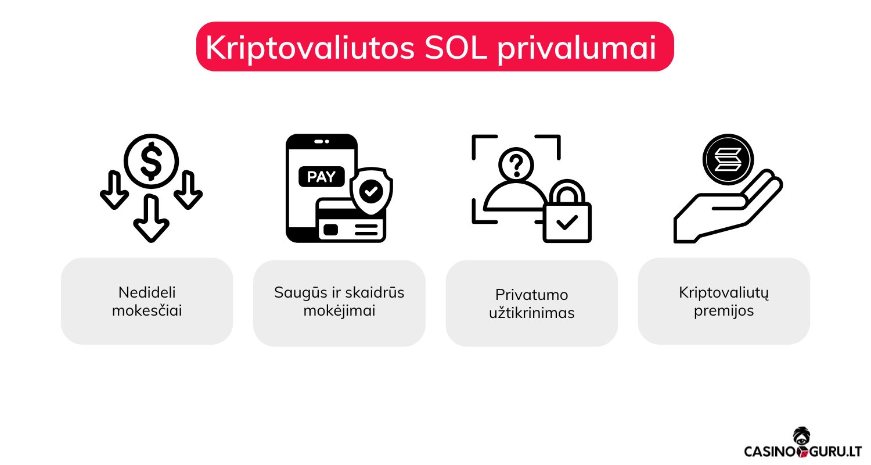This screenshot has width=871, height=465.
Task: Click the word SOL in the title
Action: click(455, 48)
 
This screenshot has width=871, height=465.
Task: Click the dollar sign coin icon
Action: click(151, 161)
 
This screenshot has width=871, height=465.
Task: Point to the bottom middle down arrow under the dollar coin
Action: click(151, 218)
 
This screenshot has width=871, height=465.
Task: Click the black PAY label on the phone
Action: click(321, 177)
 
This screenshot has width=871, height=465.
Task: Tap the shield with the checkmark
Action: click(371, 191)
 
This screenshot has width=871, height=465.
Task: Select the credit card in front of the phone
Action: click(352, 221)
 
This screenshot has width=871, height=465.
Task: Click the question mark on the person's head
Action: click(516, 165)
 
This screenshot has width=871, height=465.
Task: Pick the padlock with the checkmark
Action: click(567, 212)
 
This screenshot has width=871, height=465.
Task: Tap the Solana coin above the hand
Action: click(728, 159)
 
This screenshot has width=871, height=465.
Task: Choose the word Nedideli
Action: click(147, 292)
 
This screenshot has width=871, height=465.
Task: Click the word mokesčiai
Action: click(147, 310)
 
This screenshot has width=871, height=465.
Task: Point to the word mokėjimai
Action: click(339, 311)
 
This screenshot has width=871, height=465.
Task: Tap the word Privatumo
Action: click(531, 295)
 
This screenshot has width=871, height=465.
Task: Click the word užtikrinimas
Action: click(531, 313)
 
